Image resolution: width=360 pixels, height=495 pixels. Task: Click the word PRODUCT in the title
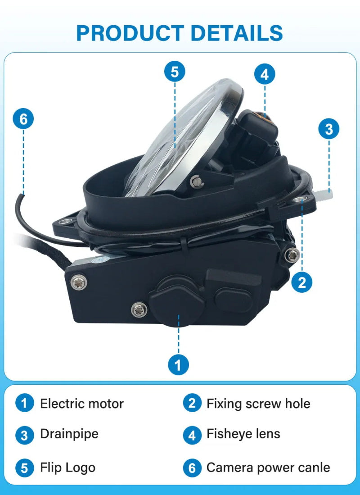click(x=130, y=33)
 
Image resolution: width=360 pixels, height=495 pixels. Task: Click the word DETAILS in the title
click(x=237, y=33)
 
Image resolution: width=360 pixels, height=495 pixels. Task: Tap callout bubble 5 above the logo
click(x=175, y=72)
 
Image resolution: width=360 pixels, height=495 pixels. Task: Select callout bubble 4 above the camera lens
click(x=265, y=74)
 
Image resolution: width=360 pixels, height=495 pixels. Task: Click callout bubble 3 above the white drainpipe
click(x=329, y=129)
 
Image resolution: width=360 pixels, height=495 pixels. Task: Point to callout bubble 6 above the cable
click(x=23, y=119)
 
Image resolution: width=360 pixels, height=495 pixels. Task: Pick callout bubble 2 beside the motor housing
click(x=302, y=282)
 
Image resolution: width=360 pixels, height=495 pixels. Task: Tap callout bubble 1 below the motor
click(x=178, y=365)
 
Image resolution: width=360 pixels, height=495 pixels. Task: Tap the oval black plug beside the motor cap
click(x=234, y=300)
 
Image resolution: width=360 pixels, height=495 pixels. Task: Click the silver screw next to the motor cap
click(x=139, y=310)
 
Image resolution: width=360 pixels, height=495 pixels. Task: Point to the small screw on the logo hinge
click(x=196, y=181)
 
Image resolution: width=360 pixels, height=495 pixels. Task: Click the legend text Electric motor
click(x=82, y=404)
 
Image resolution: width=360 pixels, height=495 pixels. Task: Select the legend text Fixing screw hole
click(x=258, y=404)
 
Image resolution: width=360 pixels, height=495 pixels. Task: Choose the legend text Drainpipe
click(x=69, y=434)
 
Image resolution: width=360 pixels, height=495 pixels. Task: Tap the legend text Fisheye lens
click(x=243, y=434)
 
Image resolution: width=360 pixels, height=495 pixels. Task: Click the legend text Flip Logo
click(x=67, y=468)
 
